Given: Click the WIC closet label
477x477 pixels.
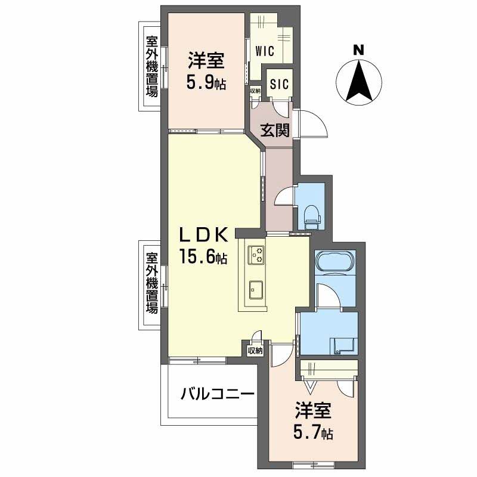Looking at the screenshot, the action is click(x=265, y=51).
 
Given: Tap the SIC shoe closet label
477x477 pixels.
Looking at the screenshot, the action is click(x=279, y=84).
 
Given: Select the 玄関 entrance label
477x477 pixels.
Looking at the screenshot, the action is click(x=274, y=131).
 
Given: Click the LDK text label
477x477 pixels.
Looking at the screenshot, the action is click(x=203, y=235).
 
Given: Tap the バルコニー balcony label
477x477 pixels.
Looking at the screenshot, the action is click(x=217, y=395).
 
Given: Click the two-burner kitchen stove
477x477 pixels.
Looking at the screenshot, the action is click(x=256, y=255).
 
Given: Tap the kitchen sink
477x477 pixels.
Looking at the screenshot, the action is click(x=256, y=290).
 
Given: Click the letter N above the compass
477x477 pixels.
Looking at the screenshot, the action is click(x=359, y=50).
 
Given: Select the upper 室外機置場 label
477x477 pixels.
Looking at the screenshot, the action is click(x=152, y=67).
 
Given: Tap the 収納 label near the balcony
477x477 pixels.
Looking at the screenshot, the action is click(x=255, y=351).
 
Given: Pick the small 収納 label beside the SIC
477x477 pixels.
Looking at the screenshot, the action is click(x=256, y=91).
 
